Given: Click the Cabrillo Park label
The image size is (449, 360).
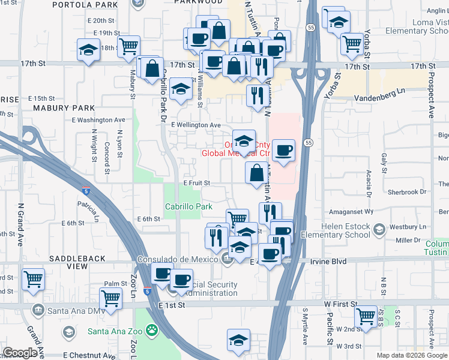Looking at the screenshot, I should [x=189, y=206].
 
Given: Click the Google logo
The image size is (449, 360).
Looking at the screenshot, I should [x=20, y=353].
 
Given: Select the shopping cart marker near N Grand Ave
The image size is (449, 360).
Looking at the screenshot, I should [x=34, y=278].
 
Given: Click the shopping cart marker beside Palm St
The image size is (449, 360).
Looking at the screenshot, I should [x=110, y=297].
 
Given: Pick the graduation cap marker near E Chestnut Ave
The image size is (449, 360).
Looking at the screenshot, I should [x=238, y=339].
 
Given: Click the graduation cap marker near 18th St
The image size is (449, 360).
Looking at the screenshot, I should [x=89, y=49].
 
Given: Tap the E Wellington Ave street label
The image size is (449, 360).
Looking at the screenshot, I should [x=196, y=125].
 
